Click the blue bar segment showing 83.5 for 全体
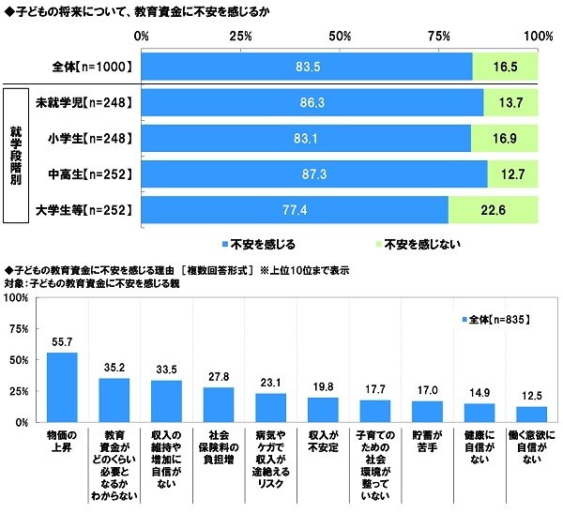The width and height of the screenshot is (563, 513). (307, 68)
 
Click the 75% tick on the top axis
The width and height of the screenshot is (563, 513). (439, 36)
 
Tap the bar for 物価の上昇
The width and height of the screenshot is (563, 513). (62, 387)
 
